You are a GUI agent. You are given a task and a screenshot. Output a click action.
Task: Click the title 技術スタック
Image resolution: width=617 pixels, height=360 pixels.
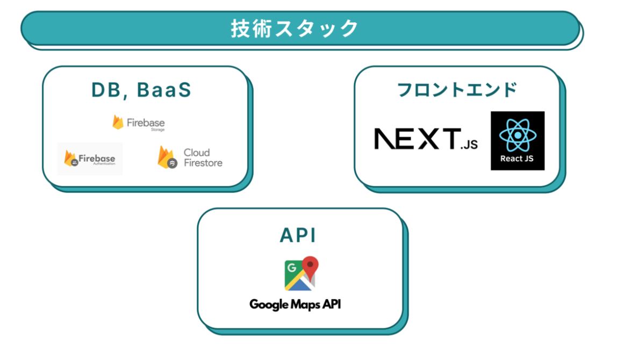pyautogui.click(x=295, y=28)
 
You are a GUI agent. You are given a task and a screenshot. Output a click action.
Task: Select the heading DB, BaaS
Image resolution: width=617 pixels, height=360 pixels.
pyautogui.click(x=141, y=90)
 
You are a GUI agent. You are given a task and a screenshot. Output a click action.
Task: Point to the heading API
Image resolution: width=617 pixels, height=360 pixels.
pyautogui.click(x=298, y=235)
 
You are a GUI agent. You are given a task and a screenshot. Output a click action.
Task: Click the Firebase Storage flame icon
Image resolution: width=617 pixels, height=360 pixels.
pyautogui.click(x=118, y=123)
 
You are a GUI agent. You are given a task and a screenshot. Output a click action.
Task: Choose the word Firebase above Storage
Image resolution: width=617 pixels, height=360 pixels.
pyautogui.click(x=146, y=122)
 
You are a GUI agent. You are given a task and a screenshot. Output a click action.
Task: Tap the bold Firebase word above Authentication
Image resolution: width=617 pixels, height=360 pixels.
pyautogui.click(x=97, y=158)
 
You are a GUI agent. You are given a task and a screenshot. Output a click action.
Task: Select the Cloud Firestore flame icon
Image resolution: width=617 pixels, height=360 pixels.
pyautogui.click(x=166, y=157)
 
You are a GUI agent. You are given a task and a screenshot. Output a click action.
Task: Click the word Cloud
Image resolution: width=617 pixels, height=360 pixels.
pyautogui.click(x=197, y=153)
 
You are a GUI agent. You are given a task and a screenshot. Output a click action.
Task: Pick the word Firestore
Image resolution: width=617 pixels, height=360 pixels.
pyautogui.click(x=203, y=163)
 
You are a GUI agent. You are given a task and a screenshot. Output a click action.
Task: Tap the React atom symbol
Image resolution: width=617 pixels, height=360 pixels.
pyautogui.click(x=517, y=134)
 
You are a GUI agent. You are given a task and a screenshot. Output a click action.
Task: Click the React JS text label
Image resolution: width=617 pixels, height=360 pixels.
pyautogui.click(x=517, y=159)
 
